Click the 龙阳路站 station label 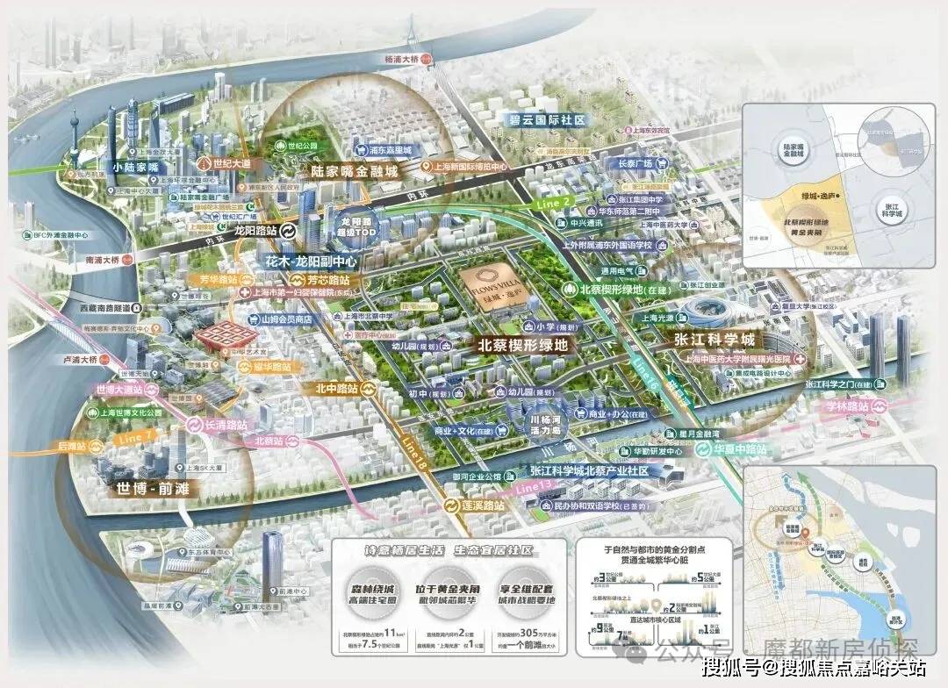(256, 232)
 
